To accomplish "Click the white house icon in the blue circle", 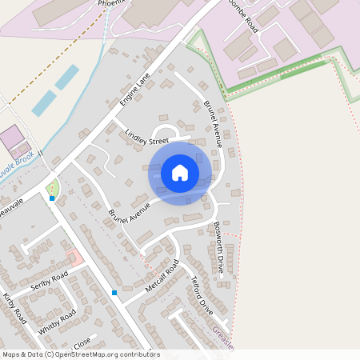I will coord(180,173).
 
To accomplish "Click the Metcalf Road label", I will coord(163,275).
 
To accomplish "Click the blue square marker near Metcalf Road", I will coord(114,293).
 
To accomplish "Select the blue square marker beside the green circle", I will coord(52,198).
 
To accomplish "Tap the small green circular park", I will coord(53,188).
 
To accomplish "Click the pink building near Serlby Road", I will coord(74,258).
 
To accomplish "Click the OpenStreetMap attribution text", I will coord(80,354).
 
